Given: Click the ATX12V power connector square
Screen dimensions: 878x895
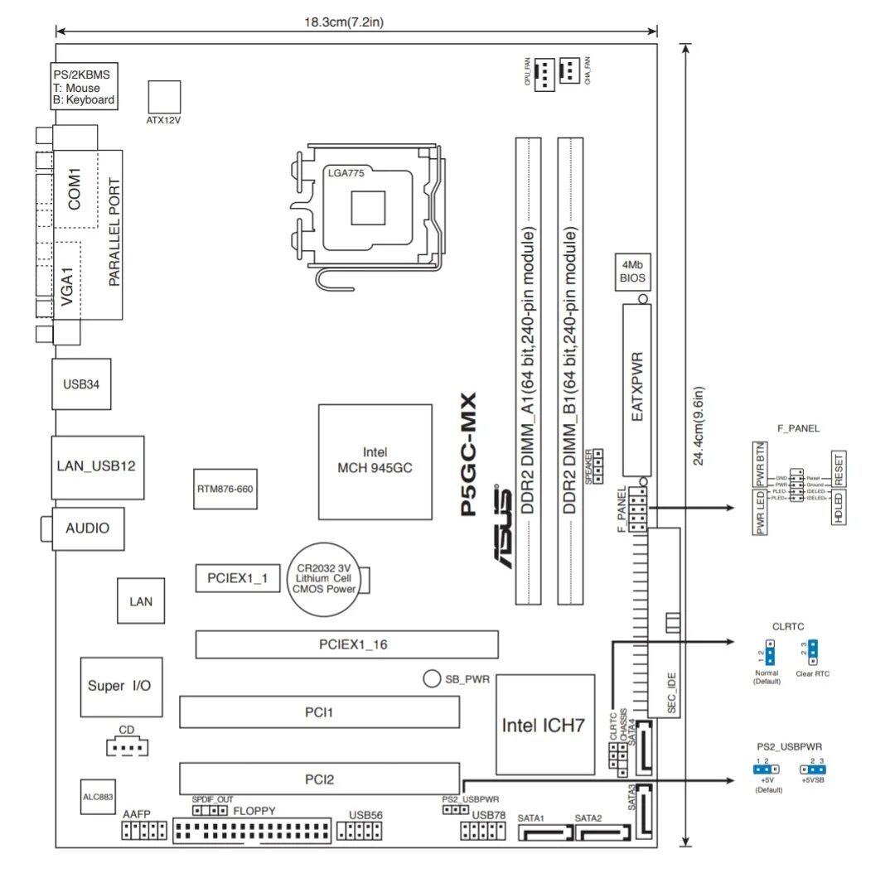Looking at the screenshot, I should [x=164, y=96].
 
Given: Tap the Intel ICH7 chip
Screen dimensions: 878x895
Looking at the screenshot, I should [x=544, y=724].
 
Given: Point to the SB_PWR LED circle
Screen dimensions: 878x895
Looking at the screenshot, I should [x=431, y=678].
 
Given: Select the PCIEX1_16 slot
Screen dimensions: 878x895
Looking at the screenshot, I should [x=346, y=644].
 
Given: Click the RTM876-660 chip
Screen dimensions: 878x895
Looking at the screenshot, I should [x=224, y=489].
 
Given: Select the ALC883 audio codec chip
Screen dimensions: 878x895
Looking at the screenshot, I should [x=97, y=794].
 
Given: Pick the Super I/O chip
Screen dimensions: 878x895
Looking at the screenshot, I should [x=119, y=687].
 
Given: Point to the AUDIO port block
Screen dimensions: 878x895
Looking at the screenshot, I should [x=86, y=528].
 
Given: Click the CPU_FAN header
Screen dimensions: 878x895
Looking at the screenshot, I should [x=544, y=75].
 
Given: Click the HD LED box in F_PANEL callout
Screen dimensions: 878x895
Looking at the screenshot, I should [x=838, y=507].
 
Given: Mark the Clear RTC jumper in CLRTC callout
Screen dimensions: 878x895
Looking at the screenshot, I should [x=813, y=653].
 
